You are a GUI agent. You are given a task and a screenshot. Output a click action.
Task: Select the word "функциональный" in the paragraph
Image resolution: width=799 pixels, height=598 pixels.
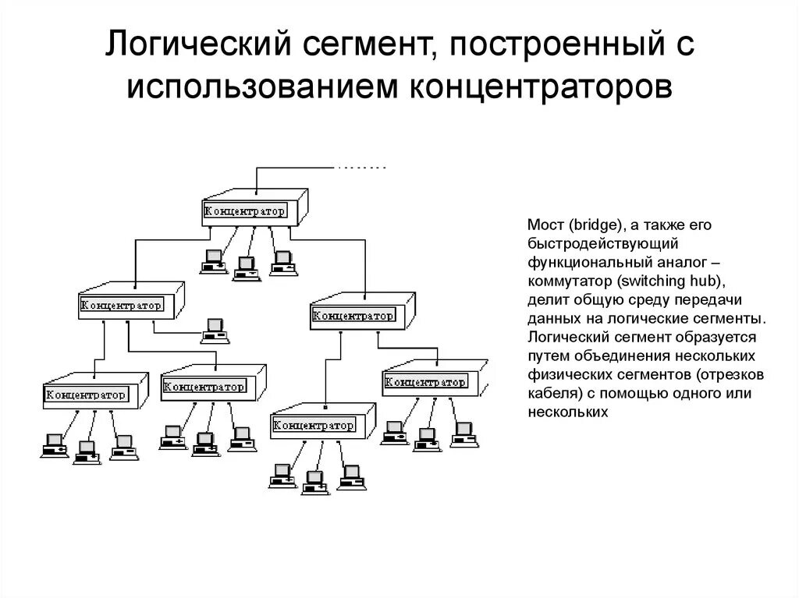[x=577, y=263]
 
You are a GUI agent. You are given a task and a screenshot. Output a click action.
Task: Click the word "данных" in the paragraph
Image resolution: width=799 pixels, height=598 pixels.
[x=549, y=319]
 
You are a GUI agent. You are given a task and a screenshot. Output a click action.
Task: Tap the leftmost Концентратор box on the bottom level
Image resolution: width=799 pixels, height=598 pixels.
[x=86, y=395]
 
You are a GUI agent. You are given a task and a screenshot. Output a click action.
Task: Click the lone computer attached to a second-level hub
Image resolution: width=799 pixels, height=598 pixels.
[x=215, y=331]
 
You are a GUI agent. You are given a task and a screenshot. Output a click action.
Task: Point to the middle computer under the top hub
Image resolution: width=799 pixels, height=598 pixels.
[x=247, y=267]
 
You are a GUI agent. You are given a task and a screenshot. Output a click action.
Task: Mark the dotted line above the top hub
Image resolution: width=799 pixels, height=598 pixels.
[x=361, y=168]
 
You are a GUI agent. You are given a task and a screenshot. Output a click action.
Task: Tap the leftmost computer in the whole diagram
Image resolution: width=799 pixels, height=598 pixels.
[x=53, y=445]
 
